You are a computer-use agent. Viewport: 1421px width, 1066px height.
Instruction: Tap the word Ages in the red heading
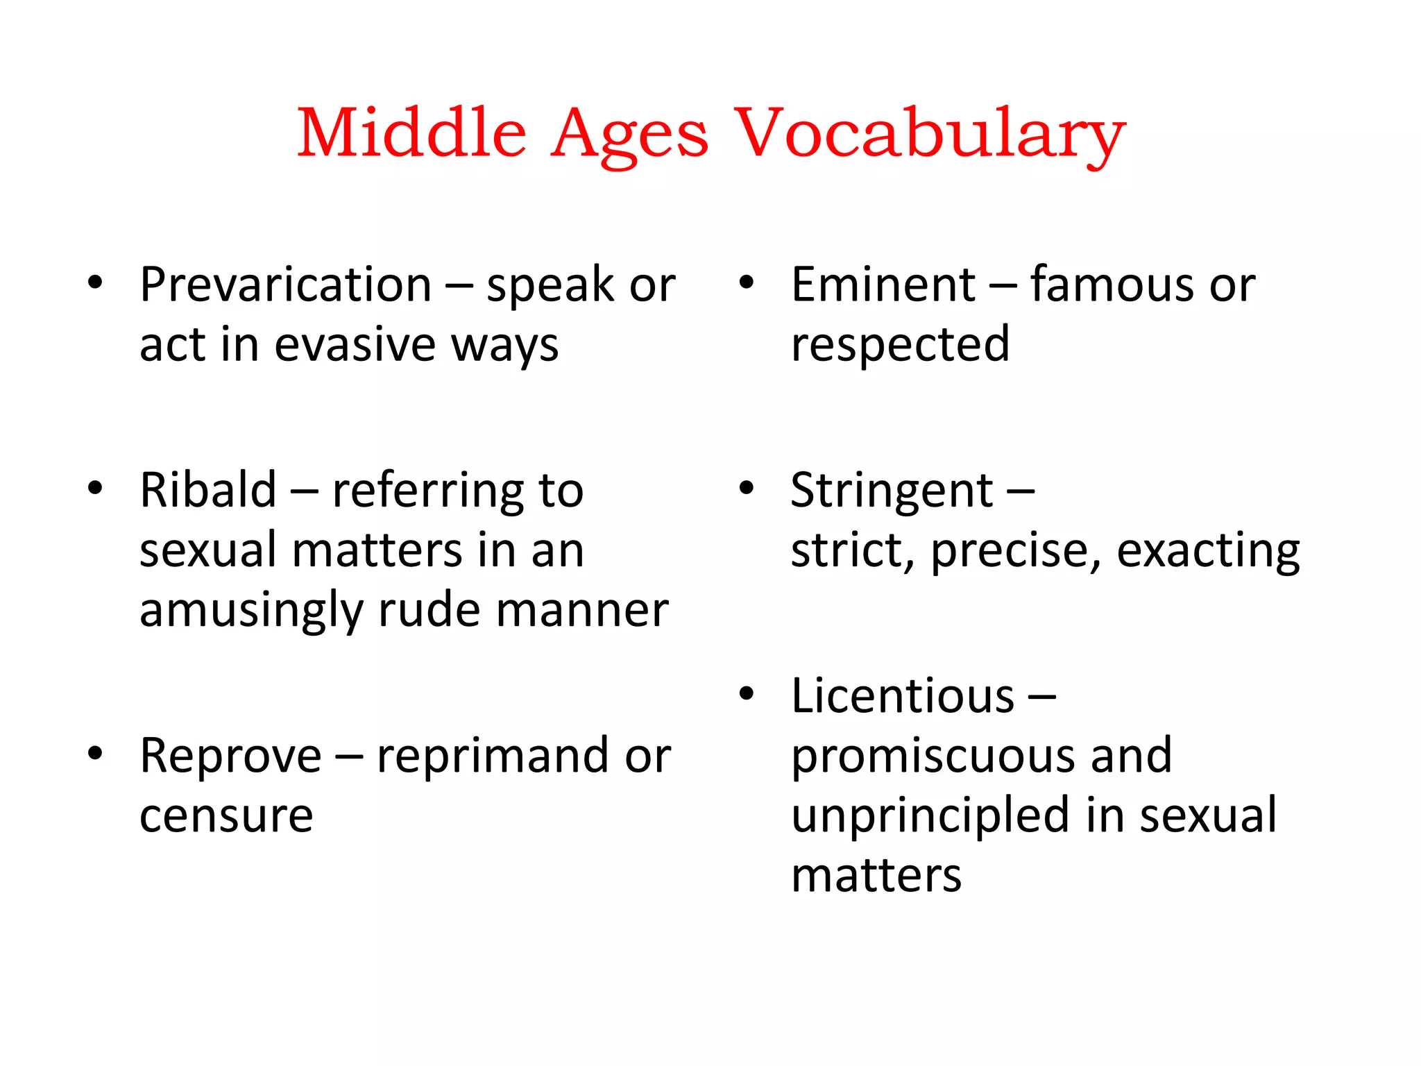629,135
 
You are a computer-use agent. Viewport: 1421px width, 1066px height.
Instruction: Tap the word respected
900,345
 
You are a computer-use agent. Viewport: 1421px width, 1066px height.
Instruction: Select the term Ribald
208,490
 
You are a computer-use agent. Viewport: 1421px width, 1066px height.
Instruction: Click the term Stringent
892,491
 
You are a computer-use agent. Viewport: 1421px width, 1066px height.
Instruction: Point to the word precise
1016,551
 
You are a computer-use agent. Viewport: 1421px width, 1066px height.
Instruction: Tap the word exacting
1208,551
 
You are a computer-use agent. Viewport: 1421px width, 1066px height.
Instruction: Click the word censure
226,815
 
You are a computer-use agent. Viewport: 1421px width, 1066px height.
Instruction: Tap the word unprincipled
930,816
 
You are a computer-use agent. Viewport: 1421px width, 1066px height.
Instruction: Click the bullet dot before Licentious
747,693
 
